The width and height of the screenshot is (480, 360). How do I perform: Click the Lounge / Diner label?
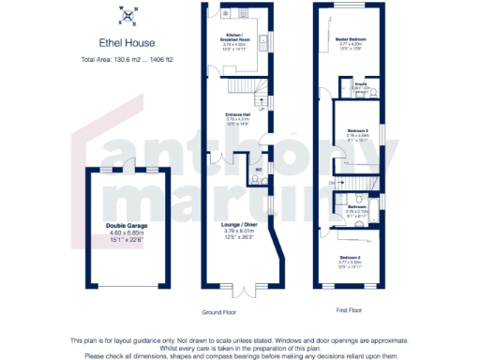tap(238, 226)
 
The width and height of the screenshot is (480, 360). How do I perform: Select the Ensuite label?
tap(360, 84)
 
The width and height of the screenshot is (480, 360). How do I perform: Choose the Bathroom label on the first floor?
tap(357, 206)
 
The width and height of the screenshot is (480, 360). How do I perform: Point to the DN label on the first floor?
tap(331, 181)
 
